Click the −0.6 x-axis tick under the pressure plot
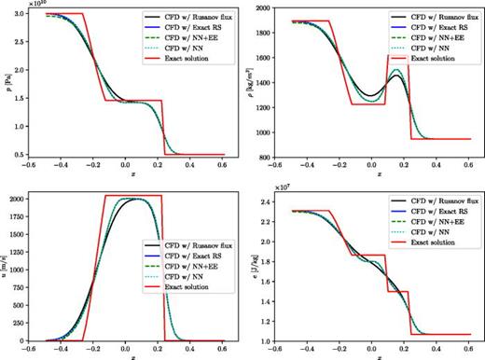click(x=43, y=170)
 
